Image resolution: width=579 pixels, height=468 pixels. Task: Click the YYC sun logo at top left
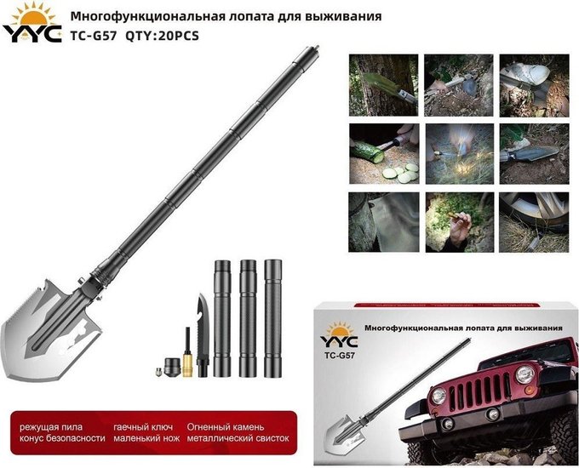click(32, 23)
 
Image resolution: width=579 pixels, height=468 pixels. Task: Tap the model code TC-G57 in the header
click(94, 37)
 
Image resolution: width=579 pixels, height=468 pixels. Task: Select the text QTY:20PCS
click(162, 37)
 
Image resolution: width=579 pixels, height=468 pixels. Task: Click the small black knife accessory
click(203, 334)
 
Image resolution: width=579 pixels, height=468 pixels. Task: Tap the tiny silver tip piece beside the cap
click(158, 372)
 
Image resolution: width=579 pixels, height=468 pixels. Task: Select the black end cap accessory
click(173, 368)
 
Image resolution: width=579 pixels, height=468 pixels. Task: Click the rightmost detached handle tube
click(272, 318)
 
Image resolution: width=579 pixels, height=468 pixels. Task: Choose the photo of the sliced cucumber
click(384, 154)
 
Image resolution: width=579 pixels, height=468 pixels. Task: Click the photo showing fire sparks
click(459, 154)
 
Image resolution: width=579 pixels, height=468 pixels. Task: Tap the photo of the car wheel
click(534, 222)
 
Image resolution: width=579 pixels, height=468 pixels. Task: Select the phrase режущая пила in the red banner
click(51, 427)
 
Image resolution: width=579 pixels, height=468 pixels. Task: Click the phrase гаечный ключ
click(143, 427)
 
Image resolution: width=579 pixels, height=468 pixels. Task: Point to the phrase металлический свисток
click(238, 438)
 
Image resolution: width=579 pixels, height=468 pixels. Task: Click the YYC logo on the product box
click(339, 335)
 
